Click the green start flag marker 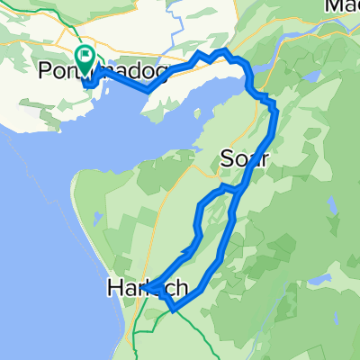click(x=85, y=58)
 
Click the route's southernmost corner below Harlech click(x=170, y=311)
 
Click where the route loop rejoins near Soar click(x=237, y=191)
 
